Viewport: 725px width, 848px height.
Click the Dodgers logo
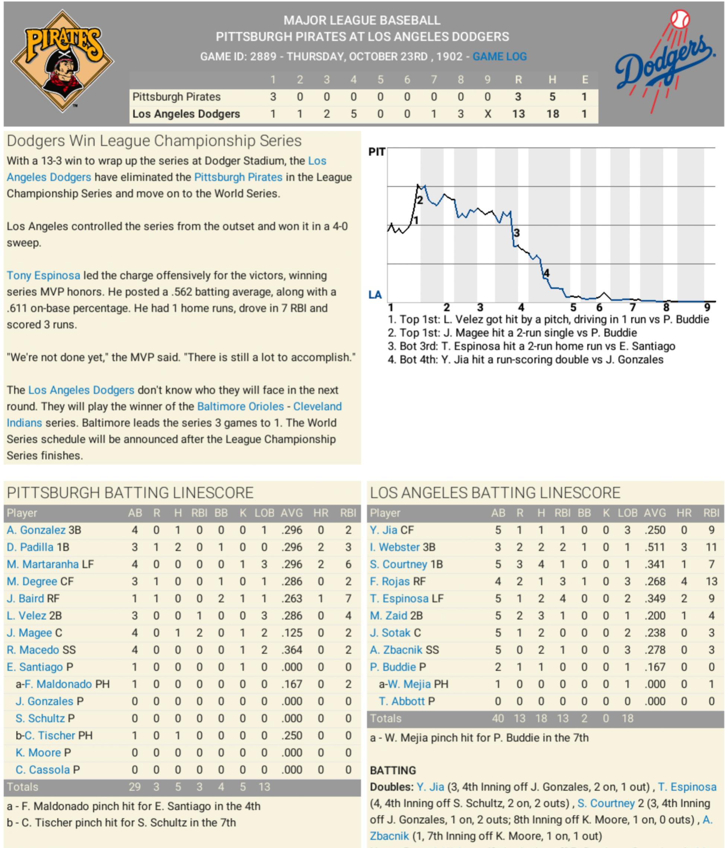[665, 61]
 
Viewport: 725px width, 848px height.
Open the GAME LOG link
[500, 57]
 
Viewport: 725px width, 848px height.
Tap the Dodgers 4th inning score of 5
[353, 114]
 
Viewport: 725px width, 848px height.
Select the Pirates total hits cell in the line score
[552, 97]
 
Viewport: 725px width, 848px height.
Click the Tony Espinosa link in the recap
[43, 276]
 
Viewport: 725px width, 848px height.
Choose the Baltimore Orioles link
[240, 406]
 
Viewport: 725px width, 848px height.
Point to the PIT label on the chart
[376, 152]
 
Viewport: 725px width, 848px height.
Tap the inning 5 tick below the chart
[573, 307]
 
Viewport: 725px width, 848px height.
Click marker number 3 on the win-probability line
[517, 233]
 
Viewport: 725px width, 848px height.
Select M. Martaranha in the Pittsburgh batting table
[42, 564]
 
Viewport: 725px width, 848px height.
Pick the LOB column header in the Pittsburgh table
[264, 513]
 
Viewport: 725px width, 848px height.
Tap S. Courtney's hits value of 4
[541, 564]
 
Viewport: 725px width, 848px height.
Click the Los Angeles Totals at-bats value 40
[498, 718]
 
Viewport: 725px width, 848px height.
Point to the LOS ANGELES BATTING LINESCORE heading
[495, 493]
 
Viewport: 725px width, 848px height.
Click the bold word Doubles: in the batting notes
[392, 787]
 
